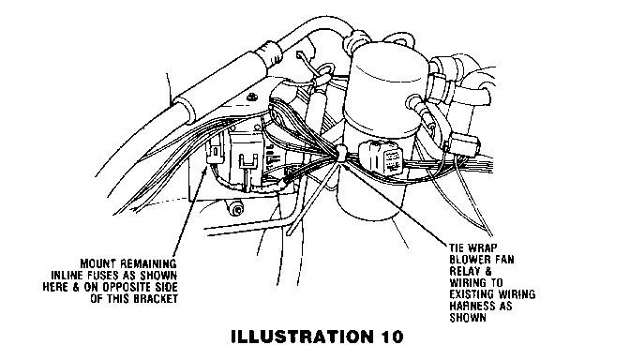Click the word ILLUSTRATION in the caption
302,337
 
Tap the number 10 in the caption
391,337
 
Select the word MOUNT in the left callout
98,264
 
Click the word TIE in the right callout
457,247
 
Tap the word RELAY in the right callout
464,271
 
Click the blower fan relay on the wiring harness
382,157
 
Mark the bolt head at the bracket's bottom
237,209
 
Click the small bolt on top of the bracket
252,97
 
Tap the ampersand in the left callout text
76,287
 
